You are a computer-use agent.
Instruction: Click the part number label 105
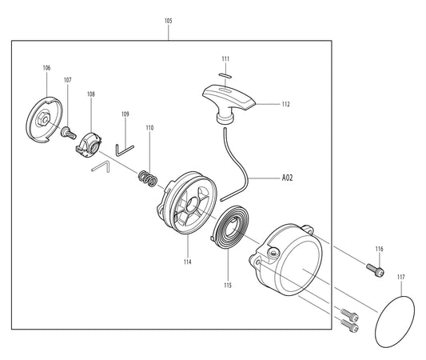167,20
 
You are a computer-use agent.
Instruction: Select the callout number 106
46,68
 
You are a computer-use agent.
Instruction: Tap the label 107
68,80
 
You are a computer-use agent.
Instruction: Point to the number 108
91,94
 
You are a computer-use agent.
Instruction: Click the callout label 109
125,114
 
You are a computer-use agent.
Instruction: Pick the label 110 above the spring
149,128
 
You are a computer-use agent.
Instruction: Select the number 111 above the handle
225,59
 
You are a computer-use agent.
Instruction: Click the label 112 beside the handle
286,104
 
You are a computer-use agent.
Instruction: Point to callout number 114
187,262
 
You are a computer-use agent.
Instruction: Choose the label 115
228,285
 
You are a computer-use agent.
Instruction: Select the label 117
400,278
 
